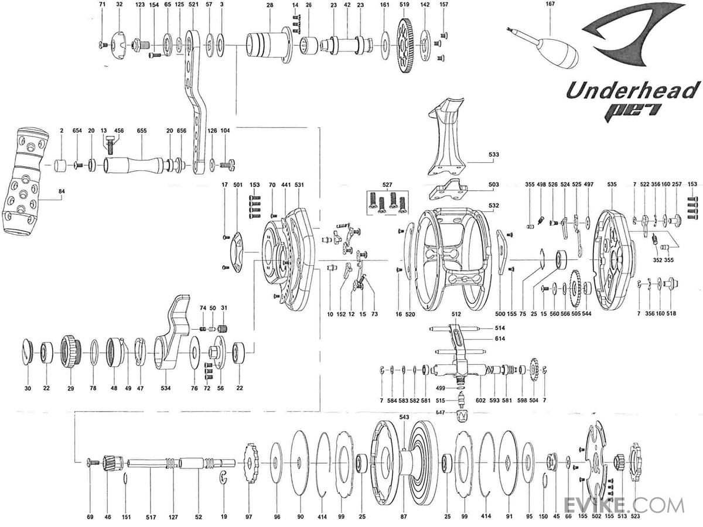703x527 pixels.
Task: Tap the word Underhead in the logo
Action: pos(633,91)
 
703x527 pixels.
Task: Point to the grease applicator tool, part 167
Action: pos(557,52)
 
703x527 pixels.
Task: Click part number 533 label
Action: pos(494,155)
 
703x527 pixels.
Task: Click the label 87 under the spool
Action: pos(404,517)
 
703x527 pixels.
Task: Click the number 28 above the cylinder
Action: pos(269,5)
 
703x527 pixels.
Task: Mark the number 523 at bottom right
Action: pos(634,517)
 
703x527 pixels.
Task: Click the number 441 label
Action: pos(286,184)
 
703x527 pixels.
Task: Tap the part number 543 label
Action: pos(404,416)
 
